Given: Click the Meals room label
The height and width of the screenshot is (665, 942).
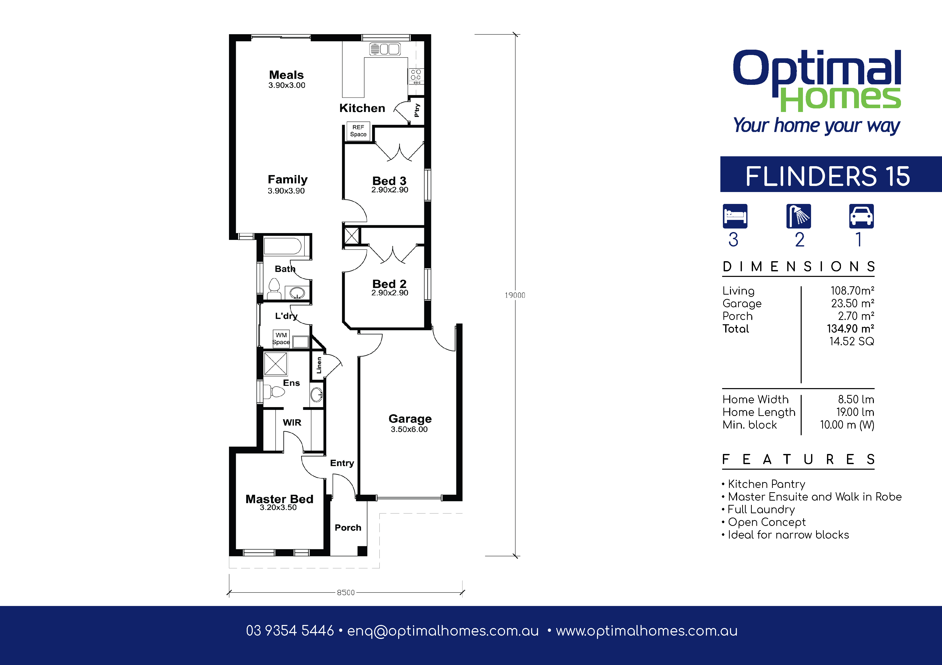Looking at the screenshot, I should [286, 75].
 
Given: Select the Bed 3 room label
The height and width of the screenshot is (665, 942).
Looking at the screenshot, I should [389, 181].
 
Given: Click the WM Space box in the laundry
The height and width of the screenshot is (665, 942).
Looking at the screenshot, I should [281, 338].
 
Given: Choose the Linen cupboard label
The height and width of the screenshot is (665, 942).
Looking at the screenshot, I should [319, 365].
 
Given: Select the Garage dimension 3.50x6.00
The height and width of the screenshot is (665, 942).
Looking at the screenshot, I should [409, 429].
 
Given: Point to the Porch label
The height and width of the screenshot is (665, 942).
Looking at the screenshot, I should [348, 528].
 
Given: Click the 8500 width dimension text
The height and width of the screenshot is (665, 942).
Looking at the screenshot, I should [345, 592].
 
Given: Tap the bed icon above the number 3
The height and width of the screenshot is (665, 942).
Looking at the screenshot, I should [735, 216].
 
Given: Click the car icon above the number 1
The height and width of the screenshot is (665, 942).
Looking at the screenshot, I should [861, 216].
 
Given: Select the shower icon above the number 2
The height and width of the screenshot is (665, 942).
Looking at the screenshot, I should [798, 216].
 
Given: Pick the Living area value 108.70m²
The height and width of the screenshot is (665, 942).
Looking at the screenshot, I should [852, 291].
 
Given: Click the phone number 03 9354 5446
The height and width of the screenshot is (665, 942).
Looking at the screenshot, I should [290, 631].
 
